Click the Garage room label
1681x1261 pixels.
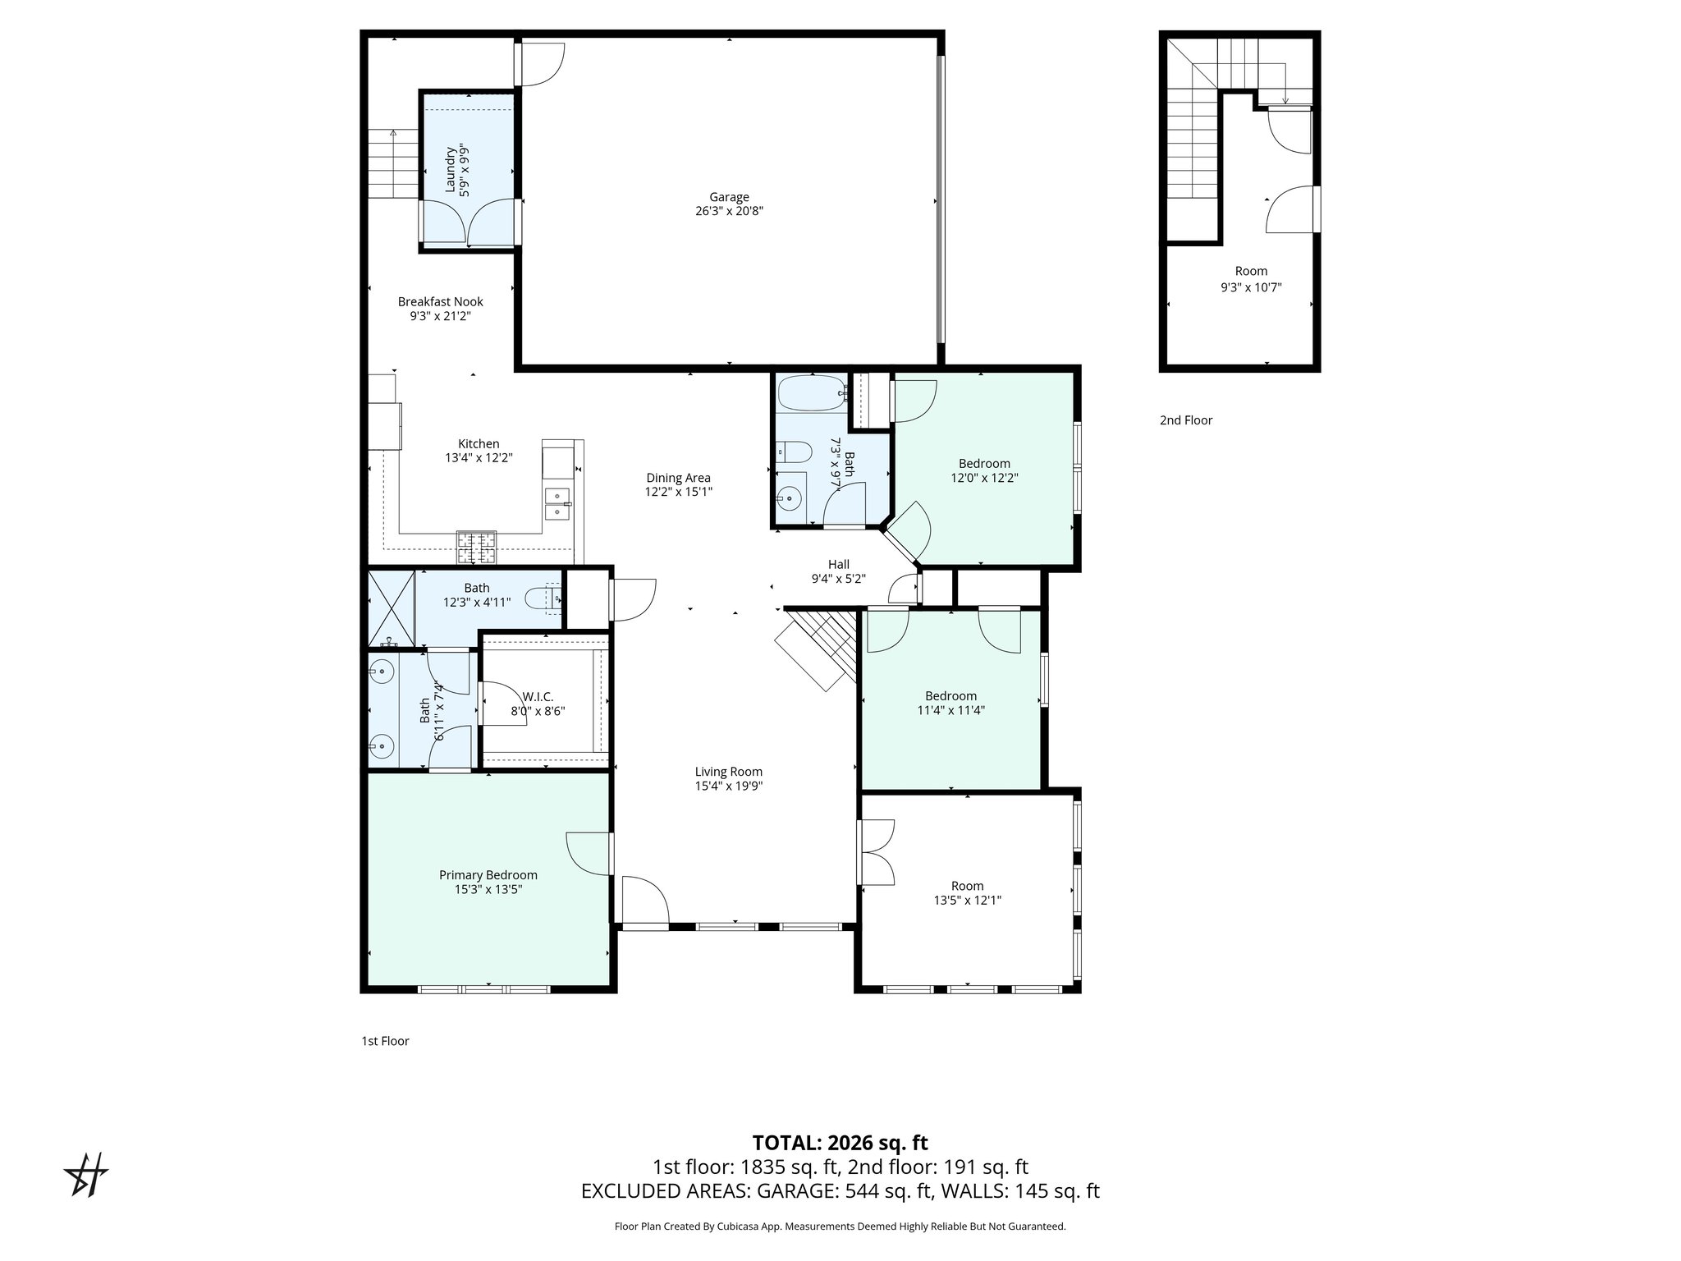pos(729,197)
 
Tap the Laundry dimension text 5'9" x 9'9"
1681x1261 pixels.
pos(465,170)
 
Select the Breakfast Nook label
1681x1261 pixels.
pos(440,302)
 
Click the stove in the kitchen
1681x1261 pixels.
pos(477,548)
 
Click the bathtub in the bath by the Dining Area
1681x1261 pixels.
pos(812,394)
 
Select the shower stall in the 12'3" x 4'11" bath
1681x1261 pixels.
pos(391,608)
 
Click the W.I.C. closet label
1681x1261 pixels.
pos(538,697)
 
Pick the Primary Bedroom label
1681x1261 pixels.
pos(488,875)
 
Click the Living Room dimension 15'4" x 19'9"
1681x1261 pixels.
pos(728,786)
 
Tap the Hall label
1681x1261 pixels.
pos(838,565)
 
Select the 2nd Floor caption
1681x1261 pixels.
pos(1185,420)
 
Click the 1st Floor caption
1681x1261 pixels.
pos(385,1041)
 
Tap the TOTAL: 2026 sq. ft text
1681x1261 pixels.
pos(840,1143)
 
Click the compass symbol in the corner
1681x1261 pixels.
pos(86,1175)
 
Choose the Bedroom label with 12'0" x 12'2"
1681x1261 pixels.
pos(984,464)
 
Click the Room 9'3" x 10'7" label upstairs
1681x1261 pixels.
pos(1251,272)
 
